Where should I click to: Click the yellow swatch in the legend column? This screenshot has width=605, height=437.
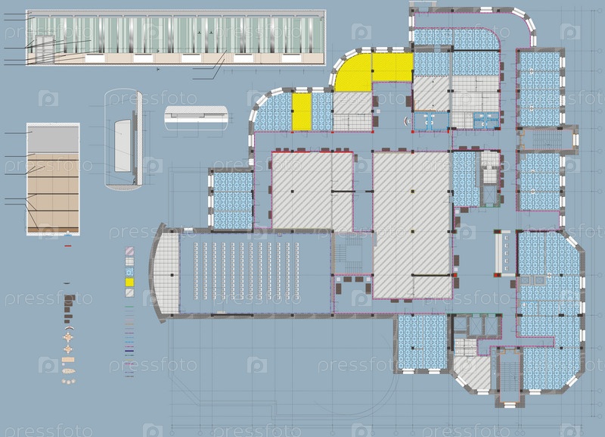[x=129, y=282]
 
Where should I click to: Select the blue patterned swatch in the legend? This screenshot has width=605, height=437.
[x=129, y=272]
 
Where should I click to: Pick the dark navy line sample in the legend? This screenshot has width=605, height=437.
[x=129, y=351]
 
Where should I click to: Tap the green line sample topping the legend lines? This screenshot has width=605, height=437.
[x=129, y=307]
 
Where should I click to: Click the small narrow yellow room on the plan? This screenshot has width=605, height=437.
[x=301, y=111]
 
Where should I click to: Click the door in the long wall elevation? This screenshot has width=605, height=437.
[x=45, y=49]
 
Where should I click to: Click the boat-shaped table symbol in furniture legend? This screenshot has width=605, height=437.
[x=68, y=371]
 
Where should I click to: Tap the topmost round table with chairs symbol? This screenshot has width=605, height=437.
[x=68, y=338]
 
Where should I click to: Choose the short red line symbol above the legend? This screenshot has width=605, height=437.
[x=68, y=245]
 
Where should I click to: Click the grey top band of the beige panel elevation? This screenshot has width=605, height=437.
[x=53, y=139]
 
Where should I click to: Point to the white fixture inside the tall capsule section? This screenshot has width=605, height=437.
[x=123, y=145]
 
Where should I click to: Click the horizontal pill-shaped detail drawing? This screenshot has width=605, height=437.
[x=196, y=114]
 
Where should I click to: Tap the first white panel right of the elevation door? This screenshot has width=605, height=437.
[x=95, y=58]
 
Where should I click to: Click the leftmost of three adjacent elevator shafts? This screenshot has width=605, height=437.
[x=461, y=325]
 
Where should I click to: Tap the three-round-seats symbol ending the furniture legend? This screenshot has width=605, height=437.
[x=68, y=382]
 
